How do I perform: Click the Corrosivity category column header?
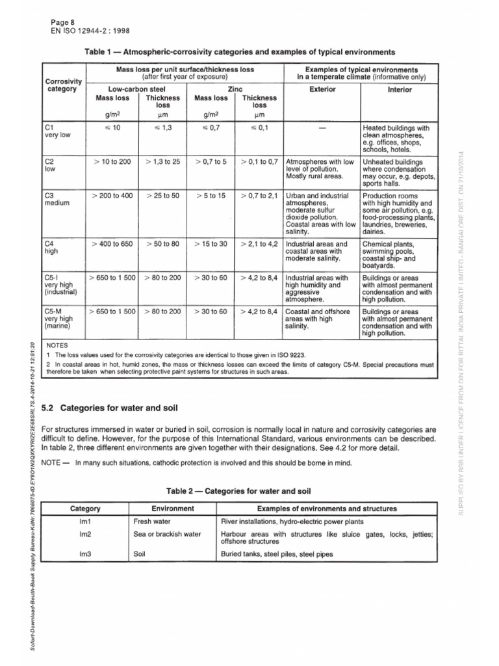pyautogui.click(x=62, y=85)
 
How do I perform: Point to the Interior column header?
pyautogui.click(x=399, y=89)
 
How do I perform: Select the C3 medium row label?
pyautogui.click(x=57, y=199)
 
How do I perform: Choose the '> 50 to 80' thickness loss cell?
pyautogui.click(x=162, y=244)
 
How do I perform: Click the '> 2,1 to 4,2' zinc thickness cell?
pyautogui.click(x=259, y=244)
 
